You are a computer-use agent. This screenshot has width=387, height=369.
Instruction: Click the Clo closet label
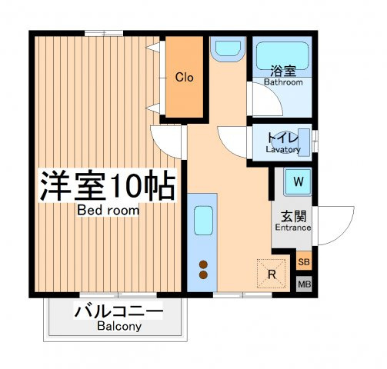(x=184, y=77)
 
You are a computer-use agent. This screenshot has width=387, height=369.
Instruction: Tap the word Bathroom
(x=283, y=82)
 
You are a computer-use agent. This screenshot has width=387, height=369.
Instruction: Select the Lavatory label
(x=283, y=149)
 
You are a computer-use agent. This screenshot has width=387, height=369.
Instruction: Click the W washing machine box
(x=298, y=181)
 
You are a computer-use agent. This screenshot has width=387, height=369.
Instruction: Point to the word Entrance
(x=293, y=228)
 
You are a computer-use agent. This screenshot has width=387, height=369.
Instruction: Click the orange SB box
(x=304, y=261)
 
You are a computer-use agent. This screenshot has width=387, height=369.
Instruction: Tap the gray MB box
(x=304, y=284)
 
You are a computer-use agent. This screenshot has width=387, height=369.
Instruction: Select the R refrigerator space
(x=272, y=274)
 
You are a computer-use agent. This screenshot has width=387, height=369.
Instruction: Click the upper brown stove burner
(x=203, y=264)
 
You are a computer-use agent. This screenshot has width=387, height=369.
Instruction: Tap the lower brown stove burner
(x=203, y=275)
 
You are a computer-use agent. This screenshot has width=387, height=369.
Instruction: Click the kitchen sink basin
(x=203, y=221)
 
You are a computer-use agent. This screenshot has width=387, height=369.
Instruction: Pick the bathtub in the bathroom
(x=282, y=56)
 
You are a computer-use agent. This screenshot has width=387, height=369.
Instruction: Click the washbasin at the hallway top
(x=228, y=48)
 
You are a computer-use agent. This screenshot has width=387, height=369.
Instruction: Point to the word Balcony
(x=119, y=326)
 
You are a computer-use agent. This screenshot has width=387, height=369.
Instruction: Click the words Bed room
(x=108, y=211)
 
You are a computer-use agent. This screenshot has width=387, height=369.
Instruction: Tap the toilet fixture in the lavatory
(x=304, y=142)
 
